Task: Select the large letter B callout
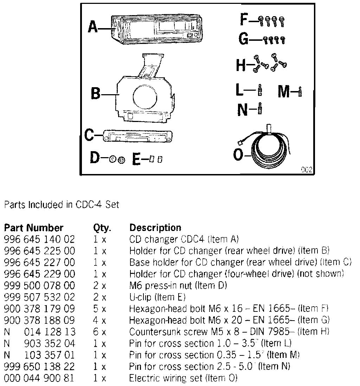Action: pyautogui.click(x=95, y=94)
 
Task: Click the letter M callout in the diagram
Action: pyautogui.click(x=284, y=92)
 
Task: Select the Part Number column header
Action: pyautogui.click(x=33, y=228)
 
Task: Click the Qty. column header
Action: pyautogui.click(x=102, y=228)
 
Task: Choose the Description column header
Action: pyautogui.click(x=155, y=228)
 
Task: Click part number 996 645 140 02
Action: pyautogui.click(x=39, y=239)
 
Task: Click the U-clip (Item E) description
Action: pyautogui.click(x=157, y=297)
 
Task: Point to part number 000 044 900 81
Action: pyautogui.click(x=39, y=378)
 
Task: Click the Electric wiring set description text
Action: pyautogui.click(x=183, y=378)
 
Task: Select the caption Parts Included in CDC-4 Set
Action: pyautogui.click(x=61, y=205)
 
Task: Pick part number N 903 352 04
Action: pyautogui.click(x=39, y=343)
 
